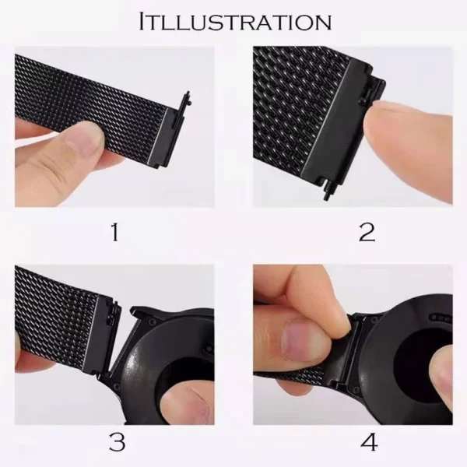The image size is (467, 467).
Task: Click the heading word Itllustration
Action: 235,22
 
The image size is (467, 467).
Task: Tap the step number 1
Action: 114,233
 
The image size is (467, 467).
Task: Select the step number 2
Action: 367,233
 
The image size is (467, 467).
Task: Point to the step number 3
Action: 117,442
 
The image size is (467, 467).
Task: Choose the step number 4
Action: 369,442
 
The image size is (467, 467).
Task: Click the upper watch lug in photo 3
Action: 142,316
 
